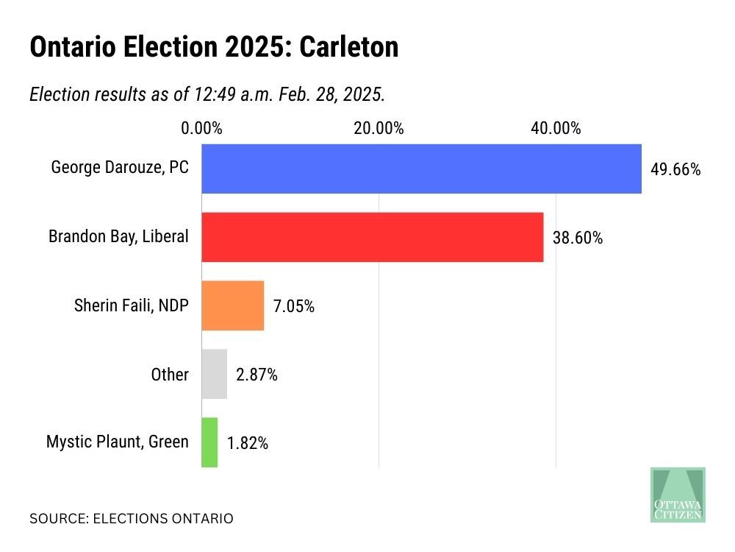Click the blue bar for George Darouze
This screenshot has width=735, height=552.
click(421, 169)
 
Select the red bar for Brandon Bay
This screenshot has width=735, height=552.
click(372, 237)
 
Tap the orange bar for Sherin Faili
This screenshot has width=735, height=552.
click(232, 305)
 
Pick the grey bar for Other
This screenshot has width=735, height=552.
click(214, 374)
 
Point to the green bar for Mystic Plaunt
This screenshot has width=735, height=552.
click(209, 442)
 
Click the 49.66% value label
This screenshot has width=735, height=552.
click(675, 170)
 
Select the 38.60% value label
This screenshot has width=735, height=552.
click(578, 238)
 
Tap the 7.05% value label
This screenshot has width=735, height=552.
click(294, 307)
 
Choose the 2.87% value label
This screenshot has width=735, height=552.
click(257, 375)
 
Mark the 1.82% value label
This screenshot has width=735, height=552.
click(248, 444)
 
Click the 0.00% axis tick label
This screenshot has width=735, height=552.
click(201, 128)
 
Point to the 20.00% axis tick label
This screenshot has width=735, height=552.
click(379, 128)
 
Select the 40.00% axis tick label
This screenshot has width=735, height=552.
click(556, 128)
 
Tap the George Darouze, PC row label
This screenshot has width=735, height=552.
click(120, 168)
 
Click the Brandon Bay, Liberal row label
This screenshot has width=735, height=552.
click(118, 236)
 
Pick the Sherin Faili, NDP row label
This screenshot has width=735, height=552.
click(132, 305)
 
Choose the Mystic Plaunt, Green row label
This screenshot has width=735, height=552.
click(118, 442)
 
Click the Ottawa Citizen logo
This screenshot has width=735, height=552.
click(678, 495)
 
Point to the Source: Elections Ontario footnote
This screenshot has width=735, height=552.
click(132, 519)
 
